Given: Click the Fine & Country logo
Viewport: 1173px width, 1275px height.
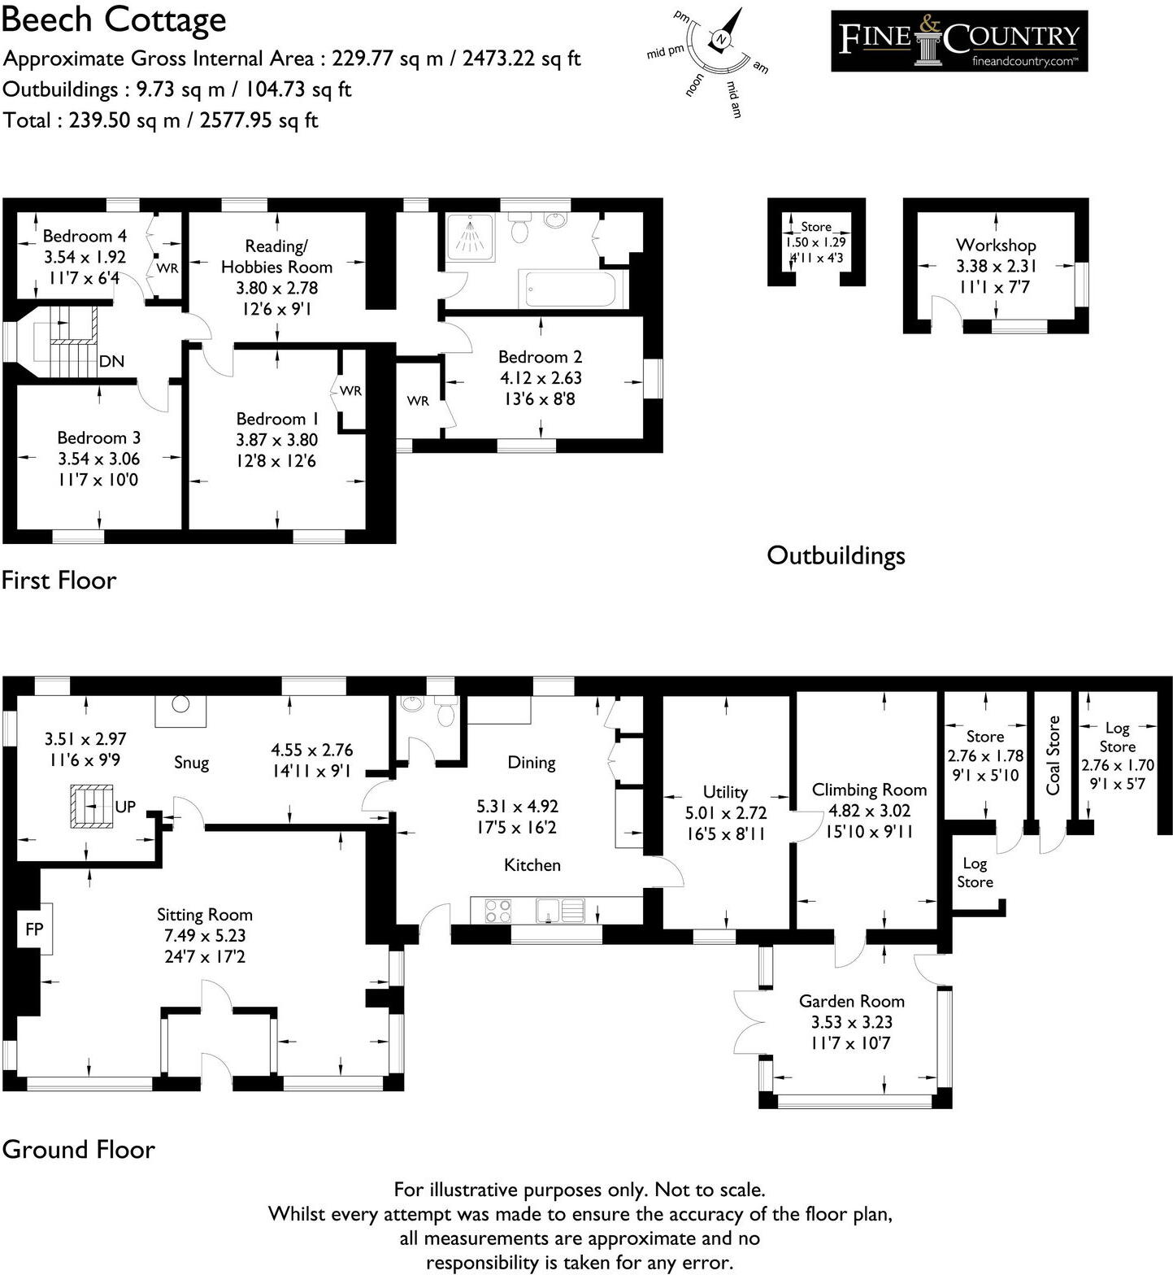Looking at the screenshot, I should pyautogui.click(x=958, y=41).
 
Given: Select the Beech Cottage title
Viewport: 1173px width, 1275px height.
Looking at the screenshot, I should pyautogui.click(x=114, y=20).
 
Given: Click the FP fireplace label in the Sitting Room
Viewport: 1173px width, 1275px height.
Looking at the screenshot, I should pyautogui.click(x=34, y=929).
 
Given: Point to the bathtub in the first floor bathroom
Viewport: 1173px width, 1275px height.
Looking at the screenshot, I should pyautogui.click(x=572, y=289).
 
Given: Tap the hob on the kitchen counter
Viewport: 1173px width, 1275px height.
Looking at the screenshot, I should pyautogui.click(x=498, y=910).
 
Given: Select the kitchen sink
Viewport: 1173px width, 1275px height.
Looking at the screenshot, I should pyautogui.click(x=560, y=910).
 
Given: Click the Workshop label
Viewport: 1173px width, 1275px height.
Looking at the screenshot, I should pyautogui.click(x=996, y=245).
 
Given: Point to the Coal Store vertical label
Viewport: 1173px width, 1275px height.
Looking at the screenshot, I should pyautogui.click(x=1054, y=755).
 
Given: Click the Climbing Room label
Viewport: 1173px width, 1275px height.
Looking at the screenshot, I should pyautogui.click(x=869, y=790).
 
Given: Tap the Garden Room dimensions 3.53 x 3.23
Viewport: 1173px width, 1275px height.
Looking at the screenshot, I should pyautogui.click(x=851, y=1022).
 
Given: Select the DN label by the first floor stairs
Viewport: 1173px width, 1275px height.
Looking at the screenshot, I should pyautogui.click(x=111, y=361).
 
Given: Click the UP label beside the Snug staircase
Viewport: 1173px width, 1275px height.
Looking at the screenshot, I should pyautogui.click(x=125, y=807).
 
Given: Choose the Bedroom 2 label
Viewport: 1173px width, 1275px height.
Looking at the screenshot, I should pyautogui.click(x=540, y=357).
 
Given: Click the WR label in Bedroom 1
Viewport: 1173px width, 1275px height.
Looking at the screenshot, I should pyautogui.click(x=350, y=391).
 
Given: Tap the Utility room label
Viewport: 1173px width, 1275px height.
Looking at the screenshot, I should pyautogui.click(x=725, y=792).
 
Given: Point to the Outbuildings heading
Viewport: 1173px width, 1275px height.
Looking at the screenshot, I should pyautogui.click(x=836, y=555).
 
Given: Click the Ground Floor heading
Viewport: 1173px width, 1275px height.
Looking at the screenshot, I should pyautogui.click(x=78, y=1149).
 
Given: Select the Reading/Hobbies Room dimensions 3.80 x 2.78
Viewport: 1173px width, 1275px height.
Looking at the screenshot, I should pyautogui.click(x=276, y=288).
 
